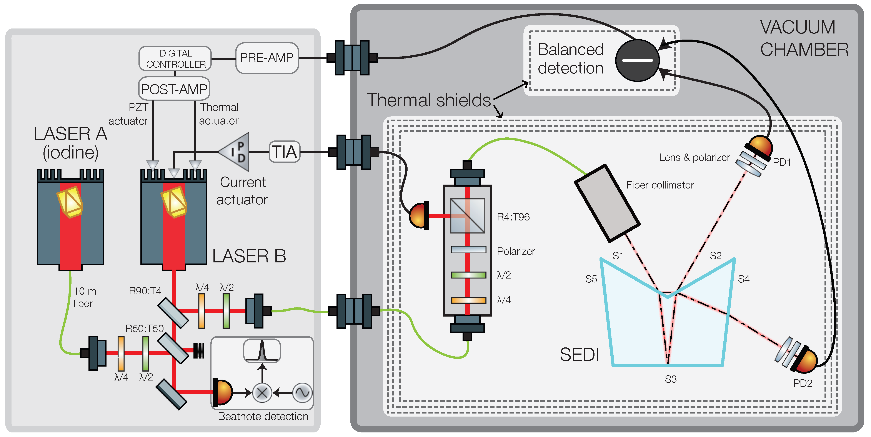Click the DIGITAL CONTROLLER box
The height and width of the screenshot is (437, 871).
pyautogui.click(x=175, y=58)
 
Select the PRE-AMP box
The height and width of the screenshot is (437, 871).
pyautogui.click(x=267, y=58)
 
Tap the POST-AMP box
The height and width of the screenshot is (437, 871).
pyautogui.click(x=174, y=89)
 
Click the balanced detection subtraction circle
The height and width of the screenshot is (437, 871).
pyautogui.click(x=637, y=60)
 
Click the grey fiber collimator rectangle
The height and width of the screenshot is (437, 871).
pyautogui.click(x=607, y=203)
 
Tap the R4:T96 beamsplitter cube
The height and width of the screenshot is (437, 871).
pyautogui.click(x=467, y=215)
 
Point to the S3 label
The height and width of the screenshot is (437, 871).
pyautogui.click(x=671, y=379)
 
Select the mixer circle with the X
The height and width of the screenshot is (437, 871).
pyautogui.click(x=262, y=393)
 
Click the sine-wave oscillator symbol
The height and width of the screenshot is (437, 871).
pyautogui.click(x=302, y=393)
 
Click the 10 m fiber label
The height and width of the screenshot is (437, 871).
pyautogui.click(x=85, y=297)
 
